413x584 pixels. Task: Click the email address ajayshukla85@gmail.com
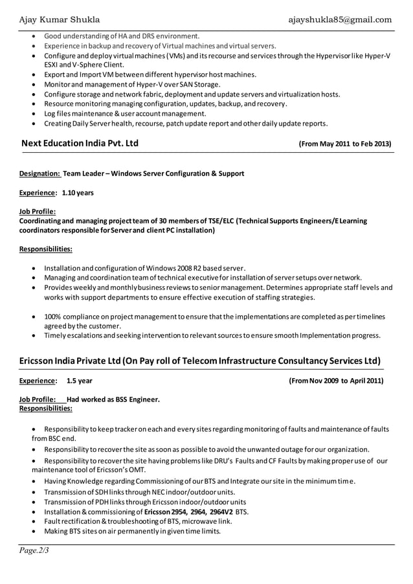340,19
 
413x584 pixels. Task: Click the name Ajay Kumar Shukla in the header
59,19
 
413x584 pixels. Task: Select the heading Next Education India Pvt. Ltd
80,143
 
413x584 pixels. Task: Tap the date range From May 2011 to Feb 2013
345,144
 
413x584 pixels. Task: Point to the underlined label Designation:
39,174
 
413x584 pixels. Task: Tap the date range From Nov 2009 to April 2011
336,381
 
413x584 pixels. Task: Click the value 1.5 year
80,381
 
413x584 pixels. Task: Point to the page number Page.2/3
34,551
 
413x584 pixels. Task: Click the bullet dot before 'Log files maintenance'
34,113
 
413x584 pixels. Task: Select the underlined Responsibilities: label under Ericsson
46,409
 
